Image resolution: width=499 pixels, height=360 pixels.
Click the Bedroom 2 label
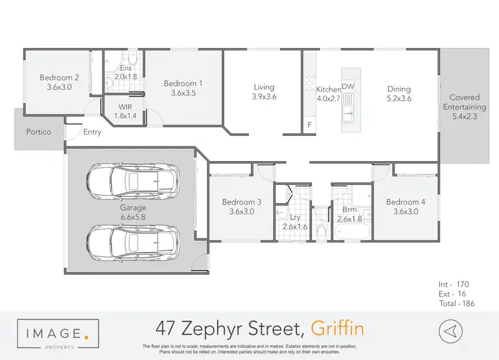click(59, 78)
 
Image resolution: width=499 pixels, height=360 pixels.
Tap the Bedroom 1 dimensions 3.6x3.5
click(184, 93)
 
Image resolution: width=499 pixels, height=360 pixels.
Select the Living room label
click(264, 87)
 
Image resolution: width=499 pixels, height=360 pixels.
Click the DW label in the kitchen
click(348, 87)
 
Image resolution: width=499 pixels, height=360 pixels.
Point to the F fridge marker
click(309, 124)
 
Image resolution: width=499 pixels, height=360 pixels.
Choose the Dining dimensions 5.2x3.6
click(399, 98)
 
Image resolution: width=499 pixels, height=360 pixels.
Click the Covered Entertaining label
click(464, 102)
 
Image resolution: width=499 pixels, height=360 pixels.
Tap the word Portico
click(39, 132)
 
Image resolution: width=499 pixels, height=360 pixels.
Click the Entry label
click(92, 132)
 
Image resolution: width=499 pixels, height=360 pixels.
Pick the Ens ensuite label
click(126, 68)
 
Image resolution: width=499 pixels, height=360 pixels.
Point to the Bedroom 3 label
click(242, 202)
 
